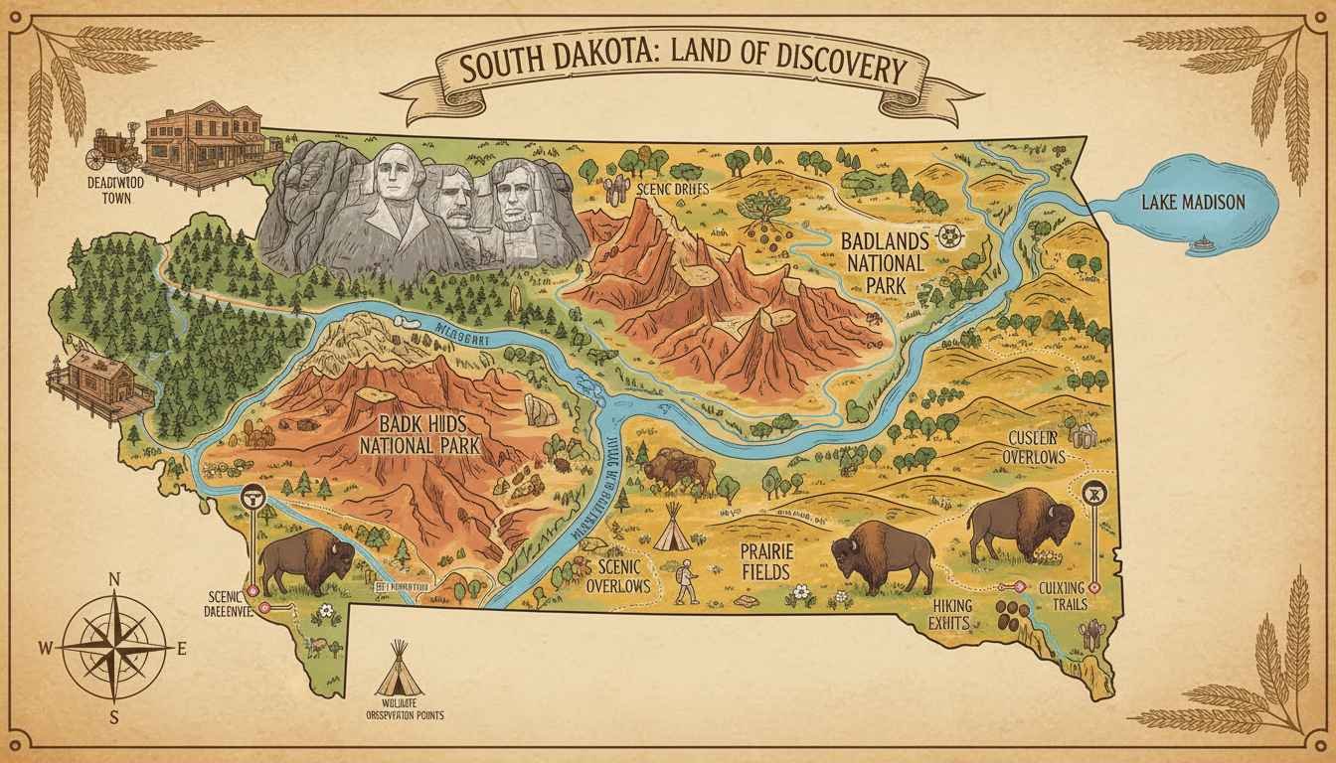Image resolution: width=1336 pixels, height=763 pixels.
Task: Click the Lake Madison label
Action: [1192, 203]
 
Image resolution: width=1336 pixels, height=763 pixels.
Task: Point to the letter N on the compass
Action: [113, 578]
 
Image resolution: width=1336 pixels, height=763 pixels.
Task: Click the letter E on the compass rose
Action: [181, 648]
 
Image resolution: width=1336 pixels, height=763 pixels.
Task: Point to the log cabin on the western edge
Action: [99, 382]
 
